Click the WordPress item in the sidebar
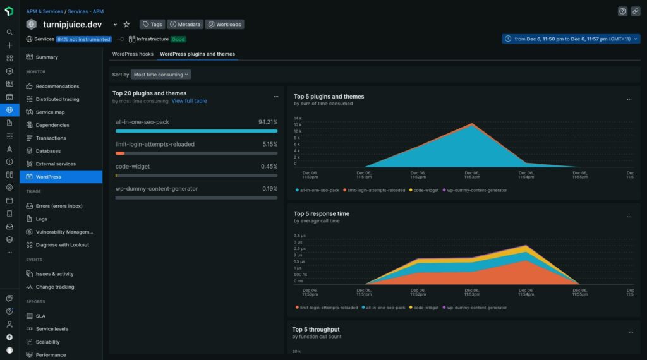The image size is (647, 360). [49, 177]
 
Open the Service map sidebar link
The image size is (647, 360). [50, 112]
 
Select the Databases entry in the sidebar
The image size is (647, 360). [48, 151]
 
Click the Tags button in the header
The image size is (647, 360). [152, 24]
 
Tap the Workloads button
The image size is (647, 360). [224, 24]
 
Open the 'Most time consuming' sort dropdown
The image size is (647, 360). [160, 75]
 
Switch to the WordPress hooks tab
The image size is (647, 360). [133, 54]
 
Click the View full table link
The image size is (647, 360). [189, 101]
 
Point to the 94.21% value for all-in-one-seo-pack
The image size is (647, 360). [268, 122]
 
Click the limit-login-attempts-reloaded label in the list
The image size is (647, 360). [155, 144]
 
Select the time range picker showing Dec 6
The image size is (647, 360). [571, 39]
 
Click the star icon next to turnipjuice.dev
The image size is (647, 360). [126, 24]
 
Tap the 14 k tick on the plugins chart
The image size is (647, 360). [298, 118]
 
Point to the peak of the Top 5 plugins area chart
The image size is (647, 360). [471, 124]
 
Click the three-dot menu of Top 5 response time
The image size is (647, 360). [629, 217]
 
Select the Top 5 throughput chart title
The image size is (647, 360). [316, 329]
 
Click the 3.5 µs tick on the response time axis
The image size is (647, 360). [299, 236]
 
